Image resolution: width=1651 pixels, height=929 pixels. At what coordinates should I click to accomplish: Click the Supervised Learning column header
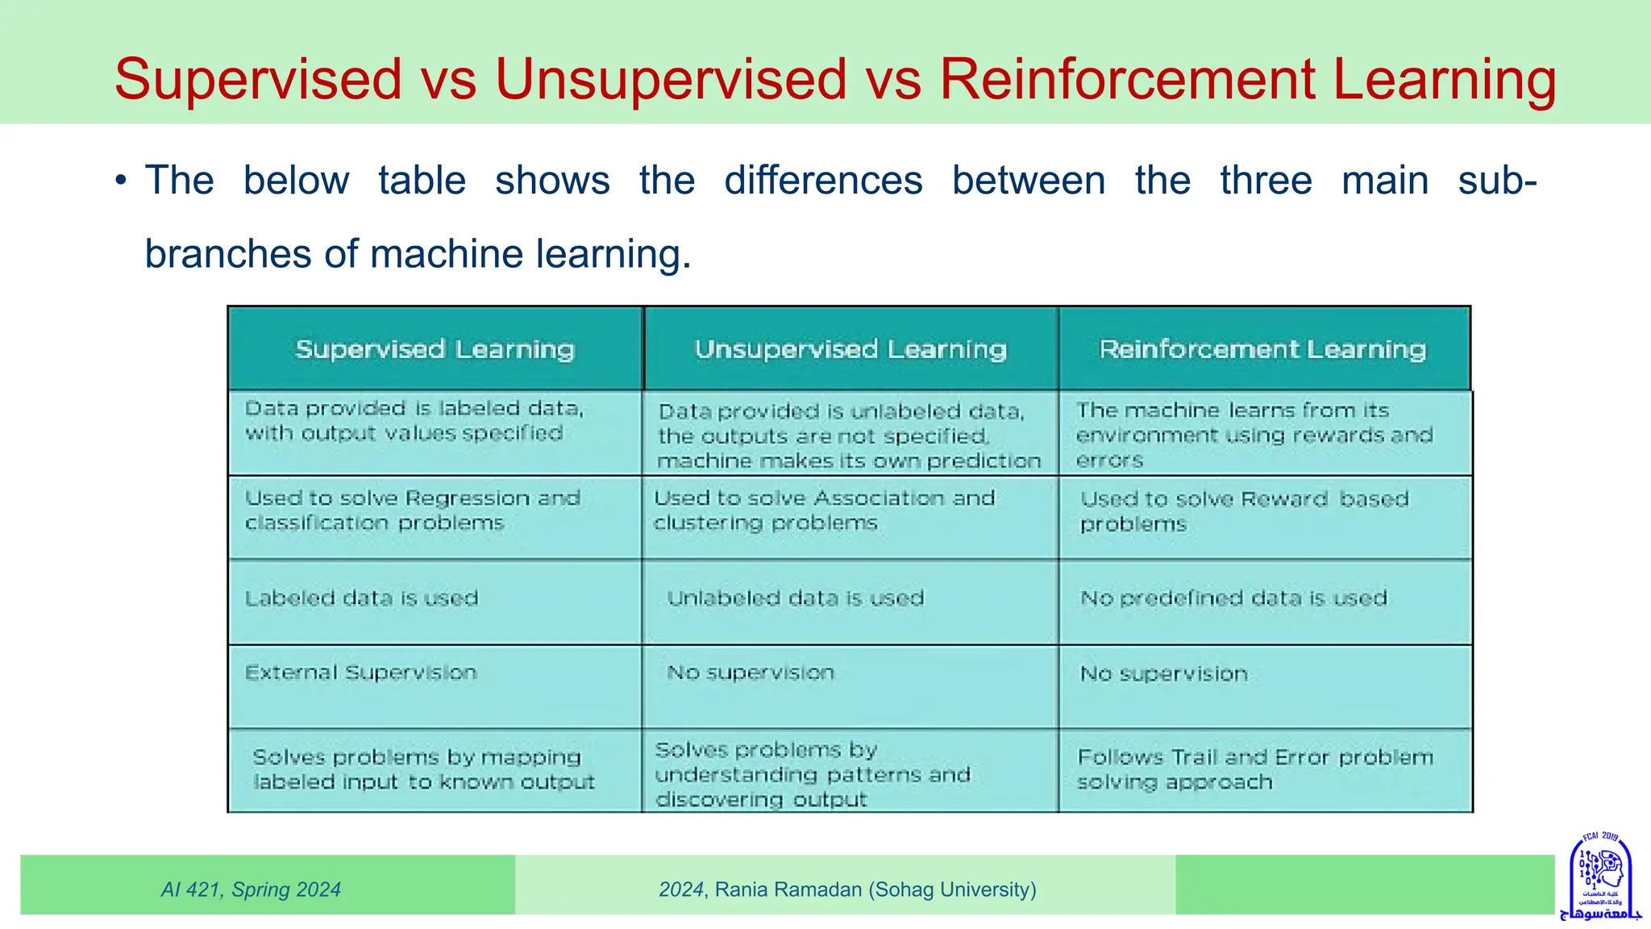click(x=435, y=349)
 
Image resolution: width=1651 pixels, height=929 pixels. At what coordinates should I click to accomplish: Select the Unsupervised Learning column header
click(x=850, y=349)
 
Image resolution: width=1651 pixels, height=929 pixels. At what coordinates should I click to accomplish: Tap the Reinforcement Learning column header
click(x=1262, y=349)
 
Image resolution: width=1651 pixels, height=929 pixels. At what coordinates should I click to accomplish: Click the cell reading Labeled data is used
click(x=362, y=598)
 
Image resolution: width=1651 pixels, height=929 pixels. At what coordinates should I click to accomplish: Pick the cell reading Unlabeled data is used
click(x=795, y=598)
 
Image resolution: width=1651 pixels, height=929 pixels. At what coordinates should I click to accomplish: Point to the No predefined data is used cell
click(x=1233, y=598)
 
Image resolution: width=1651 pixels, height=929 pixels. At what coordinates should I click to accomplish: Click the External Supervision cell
click(x=361, y=673)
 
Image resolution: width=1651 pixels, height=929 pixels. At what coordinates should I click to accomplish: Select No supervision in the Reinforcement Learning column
click(x=1163, y=673)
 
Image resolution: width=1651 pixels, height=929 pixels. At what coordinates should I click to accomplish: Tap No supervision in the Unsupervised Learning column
click(x=751, y=673)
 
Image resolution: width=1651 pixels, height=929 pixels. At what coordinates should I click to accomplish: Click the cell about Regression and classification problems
click(x=412, y=510)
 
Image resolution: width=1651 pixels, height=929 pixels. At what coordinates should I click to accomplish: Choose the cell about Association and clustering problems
click(x=824, y=510)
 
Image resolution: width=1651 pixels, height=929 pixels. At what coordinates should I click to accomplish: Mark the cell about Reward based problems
click(x=1244, y=511)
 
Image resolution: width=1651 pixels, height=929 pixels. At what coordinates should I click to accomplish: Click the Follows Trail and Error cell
click(x=1255, y=769)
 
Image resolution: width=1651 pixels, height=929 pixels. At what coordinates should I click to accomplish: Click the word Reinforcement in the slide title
click(x=1128, y=79)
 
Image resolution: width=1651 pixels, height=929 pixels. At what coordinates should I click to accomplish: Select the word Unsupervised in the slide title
click(x=671, y=79)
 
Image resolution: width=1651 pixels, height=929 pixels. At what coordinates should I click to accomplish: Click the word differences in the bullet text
click(x=823, y=180)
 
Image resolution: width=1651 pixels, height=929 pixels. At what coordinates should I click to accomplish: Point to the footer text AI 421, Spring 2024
click(x=251, y=889)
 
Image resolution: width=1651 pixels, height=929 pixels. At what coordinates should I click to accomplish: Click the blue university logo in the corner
click(x=1601, y=877)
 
